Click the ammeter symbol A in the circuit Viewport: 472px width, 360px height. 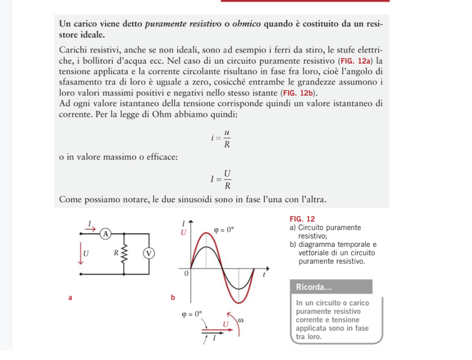106,233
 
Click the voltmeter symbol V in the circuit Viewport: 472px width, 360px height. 149,253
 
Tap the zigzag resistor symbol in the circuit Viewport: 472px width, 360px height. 124,254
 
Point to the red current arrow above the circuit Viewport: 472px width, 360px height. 90,228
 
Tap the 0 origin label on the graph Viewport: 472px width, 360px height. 186,274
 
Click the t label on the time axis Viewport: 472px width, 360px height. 264,275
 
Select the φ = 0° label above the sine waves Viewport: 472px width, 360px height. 224,229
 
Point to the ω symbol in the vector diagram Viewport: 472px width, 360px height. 240,321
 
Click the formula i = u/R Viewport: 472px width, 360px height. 221,138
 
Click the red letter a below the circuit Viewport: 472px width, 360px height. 70,298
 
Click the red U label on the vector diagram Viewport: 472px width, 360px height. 226,323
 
